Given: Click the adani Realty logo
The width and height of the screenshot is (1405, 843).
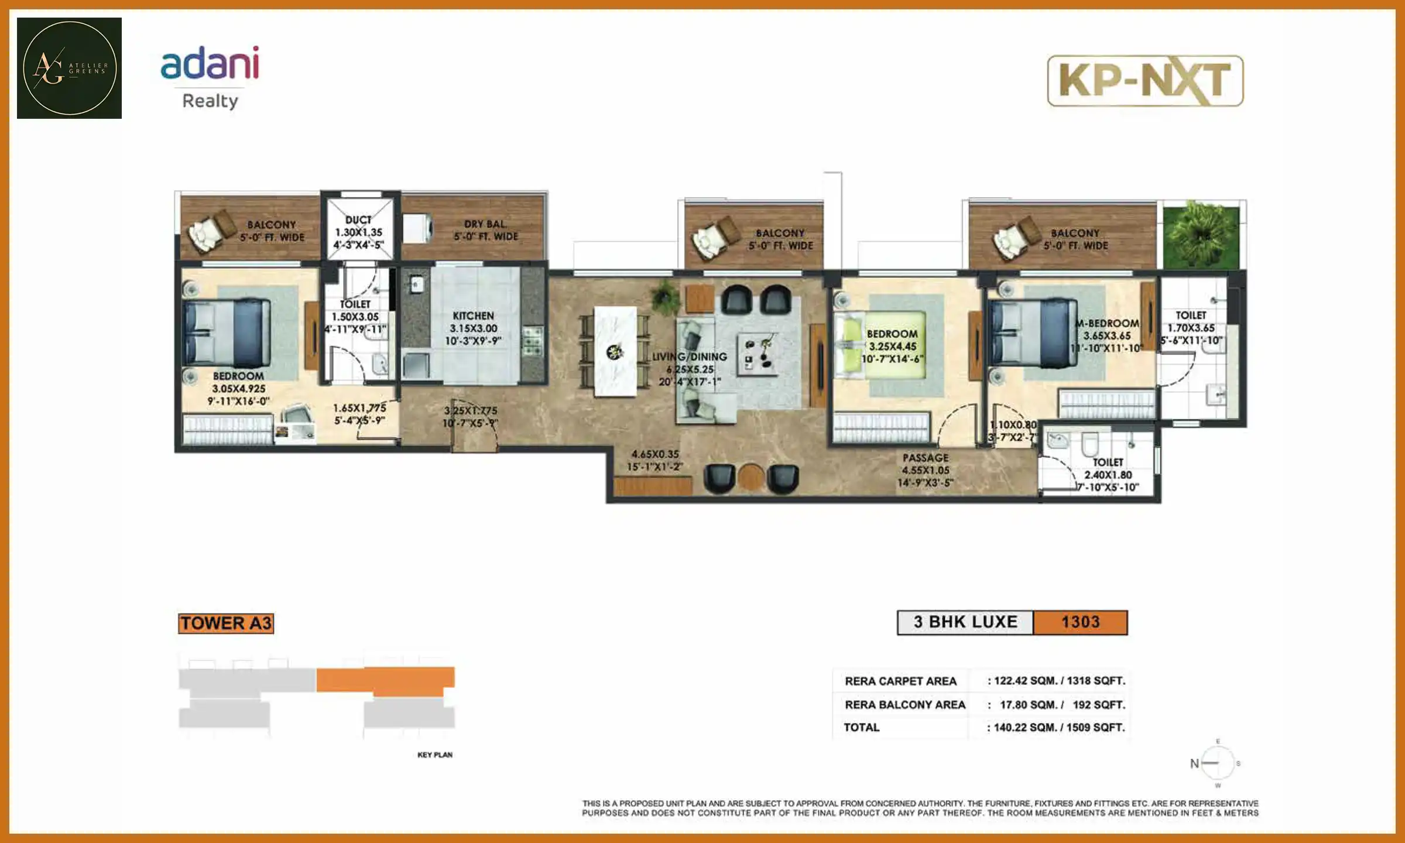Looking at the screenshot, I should coord(210,76).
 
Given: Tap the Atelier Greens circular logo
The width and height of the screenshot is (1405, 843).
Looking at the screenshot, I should coord(69,68).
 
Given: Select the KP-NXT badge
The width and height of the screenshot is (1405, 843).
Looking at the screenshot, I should coord(1145,81).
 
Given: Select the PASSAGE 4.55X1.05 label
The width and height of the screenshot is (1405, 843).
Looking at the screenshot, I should coord(925,470).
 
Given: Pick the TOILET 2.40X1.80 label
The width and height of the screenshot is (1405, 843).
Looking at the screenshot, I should coord(1108,474).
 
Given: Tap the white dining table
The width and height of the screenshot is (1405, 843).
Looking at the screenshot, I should coord(615,351).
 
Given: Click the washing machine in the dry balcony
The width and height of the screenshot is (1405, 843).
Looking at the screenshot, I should coord(418,228).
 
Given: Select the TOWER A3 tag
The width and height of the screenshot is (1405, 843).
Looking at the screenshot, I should coord(226,623).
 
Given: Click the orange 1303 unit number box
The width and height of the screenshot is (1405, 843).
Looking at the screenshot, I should coord(1080,622).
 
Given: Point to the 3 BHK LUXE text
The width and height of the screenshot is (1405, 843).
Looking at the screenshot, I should coord(965,622).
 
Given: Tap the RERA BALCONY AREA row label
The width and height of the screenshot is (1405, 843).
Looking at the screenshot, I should coord(904,704).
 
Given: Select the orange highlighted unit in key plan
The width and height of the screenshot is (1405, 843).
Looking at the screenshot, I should coord(386,679).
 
